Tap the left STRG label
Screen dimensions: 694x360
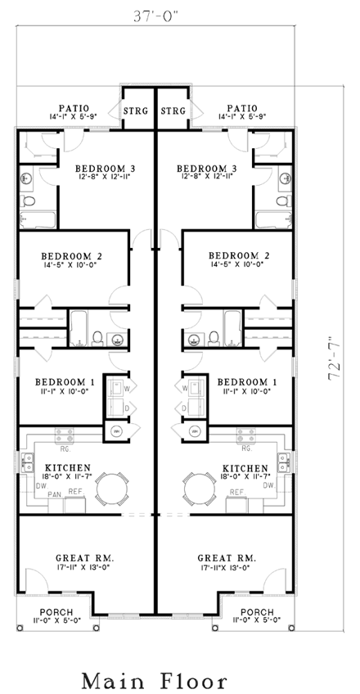135,110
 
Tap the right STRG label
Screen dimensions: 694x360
173,110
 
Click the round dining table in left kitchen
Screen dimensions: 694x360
112,490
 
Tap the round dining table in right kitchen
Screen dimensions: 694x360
198,490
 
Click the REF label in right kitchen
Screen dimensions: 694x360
236,491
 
